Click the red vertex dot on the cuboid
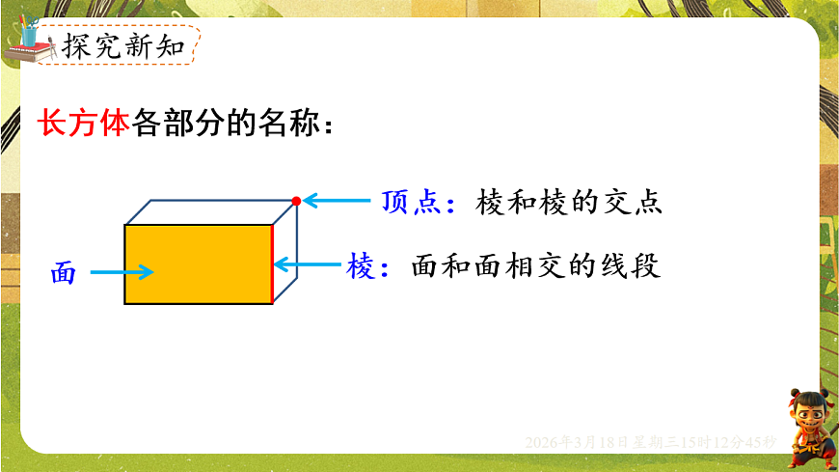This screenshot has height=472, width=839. (x=296, y=201)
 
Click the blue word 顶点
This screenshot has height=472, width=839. (x=410, y=202)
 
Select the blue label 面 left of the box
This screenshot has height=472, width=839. (x=64, y=273)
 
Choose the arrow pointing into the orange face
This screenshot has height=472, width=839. (x=122, y=272)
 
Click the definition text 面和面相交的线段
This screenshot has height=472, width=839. (x=535, y=266)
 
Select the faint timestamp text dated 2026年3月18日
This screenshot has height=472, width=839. (x=651, y=441)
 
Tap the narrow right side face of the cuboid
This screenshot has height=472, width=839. (x=286, y=253)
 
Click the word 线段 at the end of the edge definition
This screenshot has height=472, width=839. (x=639, y=266)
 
